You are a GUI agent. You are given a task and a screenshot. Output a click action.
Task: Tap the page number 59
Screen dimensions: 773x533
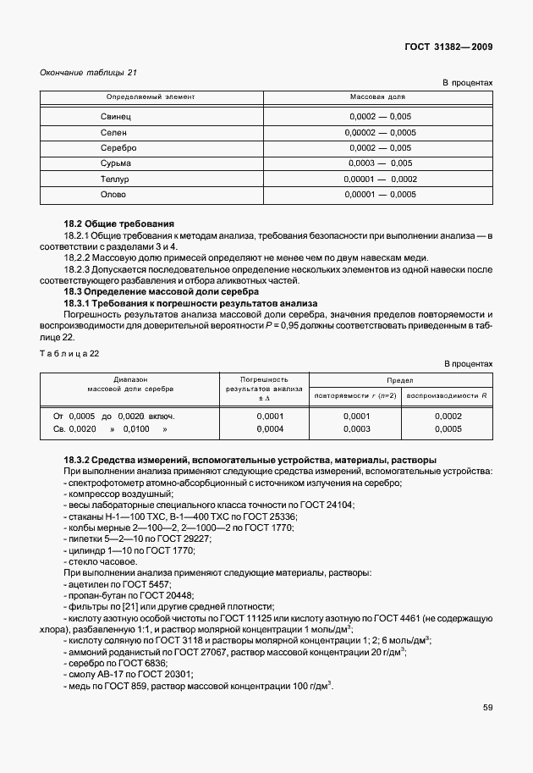coord(487,707)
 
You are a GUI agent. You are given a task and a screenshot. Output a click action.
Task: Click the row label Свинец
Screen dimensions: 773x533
coord(116,114)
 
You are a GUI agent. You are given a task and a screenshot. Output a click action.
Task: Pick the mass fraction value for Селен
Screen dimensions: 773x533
coord(380,131)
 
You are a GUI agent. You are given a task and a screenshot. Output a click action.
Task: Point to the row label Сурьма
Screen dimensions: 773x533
coord(116,163)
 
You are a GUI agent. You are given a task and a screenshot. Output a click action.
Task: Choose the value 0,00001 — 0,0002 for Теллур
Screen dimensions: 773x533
coord(380,179)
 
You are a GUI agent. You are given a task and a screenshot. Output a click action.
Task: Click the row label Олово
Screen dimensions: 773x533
coord(113,195)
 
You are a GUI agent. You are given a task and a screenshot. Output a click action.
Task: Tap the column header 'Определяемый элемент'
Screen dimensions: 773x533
coord(150,97)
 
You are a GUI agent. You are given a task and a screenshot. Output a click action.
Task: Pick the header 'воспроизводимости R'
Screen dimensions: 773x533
coord(448,395)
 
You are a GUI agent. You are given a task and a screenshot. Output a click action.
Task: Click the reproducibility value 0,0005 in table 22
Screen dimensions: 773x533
coord(448,429)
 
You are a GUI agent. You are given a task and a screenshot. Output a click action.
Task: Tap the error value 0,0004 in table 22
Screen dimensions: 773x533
coord(268,429)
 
